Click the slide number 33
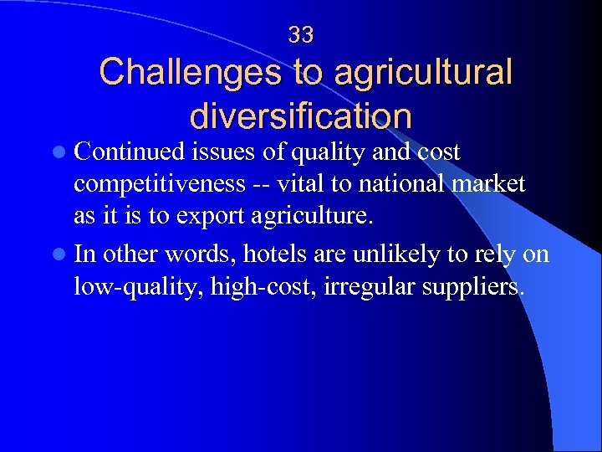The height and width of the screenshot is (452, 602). (301, 35)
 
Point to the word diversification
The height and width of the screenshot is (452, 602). (301, 116)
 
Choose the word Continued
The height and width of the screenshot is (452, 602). (129, 152)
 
